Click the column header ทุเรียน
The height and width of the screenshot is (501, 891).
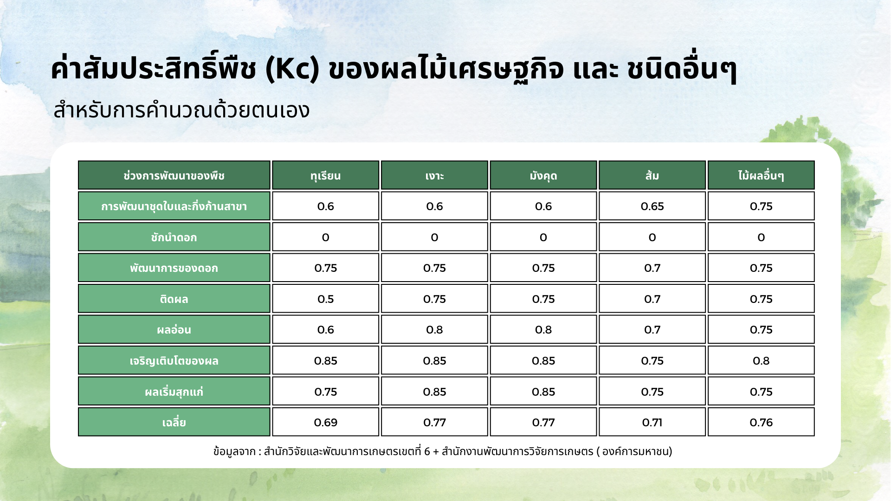325,176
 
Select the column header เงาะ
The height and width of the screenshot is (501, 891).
434,176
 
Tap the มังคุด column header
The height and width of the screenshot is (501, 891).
543,176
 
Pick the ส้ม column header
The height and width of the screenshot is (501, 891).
652,176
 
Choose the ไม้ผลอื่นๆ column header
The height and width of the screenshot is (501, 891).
761,176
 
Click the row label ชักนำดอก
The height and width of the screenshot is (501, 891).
174,238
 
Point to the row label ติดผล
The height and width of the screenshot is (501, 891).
174,299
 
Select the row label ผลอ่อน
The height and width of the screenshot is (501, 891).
174,330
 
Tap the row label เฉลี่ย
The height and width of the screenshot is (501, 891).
174,423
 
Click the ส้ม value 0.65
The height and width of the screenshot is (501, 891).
652,206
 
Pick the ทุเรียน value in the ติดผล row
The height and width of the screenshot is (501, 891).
325,299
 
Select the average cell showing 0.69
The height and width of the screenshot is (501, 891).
325,423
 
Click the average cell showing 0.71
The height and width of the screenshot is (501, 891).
652,423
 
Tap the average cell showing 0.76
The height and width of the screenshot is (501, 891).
761,423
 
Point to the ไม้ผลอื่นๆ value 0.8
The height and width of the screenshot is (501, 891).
761,361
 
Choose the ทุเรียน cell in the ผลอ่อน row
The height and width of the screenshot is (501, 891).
325,330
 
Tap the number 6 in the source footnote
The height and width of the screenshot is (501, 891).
427,451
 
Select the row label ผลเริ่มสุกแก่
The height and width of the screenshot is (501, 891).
174,392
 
